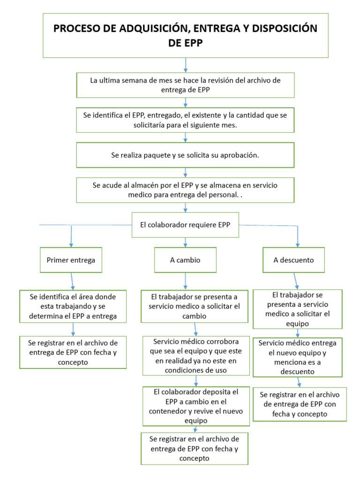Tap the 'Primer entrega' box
71,260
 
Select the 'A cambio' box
185,260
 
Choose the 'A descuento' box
293,260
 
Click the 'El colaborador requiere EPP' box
185,225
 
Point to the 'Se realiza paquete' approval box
185,155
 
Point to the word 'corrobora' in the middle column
223,341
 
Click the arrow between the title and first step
186,65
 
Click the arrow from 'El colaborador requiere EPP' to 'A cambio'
186,242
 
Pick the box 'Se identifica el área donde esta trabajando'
73,307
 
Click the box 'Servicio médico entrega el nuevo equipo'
297,357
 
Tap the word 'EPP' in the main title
186,43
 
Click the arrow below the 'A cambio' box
186,281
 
